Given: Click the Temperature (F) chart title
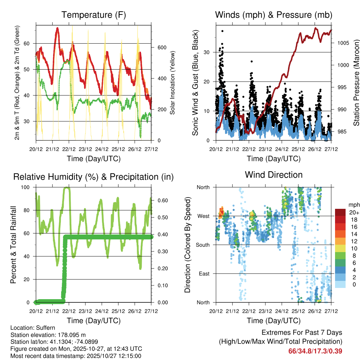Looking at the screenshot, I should [x=94, y=15].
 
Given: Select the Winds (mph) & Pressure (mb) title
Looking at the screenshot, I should [x=274, y=15].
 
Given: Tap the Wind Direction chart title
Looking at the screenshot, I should [x=274, y=175].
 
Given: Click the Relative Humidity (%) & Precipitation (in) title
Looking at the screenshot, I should [x=94, y=177].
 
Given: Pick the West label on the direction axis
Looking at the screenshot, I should [x=203, y=216].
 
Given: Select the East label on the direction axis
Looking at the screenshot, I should [x=204, y=274].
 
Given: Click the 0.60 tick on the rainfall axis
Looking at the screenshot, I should [x=161, y=200].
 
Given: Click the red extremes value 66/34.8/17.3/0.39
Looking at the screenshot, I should [x=315, y=351].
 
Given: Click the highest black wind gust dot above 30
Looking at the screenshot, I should [x=222, y=31].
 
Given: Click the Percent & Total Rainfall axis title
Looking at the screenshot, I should [x=13, y=245].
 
